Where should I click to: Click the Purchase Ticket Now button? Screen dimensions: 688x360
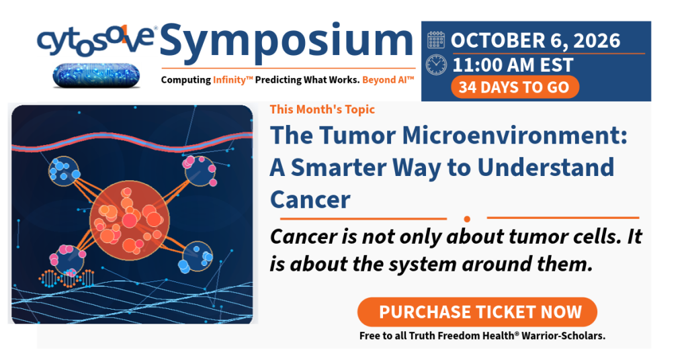pos(478,312)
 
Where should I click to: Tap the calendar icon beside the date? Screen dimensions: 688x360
pos(435,40)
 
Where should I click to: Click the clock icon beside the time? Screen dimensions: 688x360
pos(436,65)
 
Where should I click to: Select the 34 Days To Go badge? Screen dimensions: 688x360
pos(515,87)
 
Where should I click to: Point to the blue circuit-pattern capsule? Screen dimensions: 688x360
pos(96,75)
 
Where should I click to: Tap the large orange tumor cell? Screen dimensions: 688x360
pos(130,220)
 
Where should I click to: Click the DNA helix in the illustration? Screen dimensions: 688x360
pos(67,279)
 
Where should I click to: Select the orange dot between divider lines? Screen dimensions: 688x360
pos(467,219)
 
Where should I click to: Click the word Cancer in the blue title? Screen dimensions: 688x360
pos(310,199)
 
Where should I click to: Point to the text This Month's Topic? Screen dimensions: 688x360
pos(322,109)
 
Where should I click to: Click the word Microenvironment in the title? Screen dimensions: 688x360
pos(514,135)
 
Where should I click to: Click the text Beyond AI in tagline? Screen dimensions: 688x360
pos(388,80)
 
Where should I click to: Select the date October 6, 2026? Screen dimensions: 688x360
pos(535,40)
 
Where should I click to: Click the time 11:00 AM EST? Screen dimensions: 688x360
pos(513,65)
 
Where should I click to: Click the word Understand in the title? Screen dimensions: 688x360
pos(546,167)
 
